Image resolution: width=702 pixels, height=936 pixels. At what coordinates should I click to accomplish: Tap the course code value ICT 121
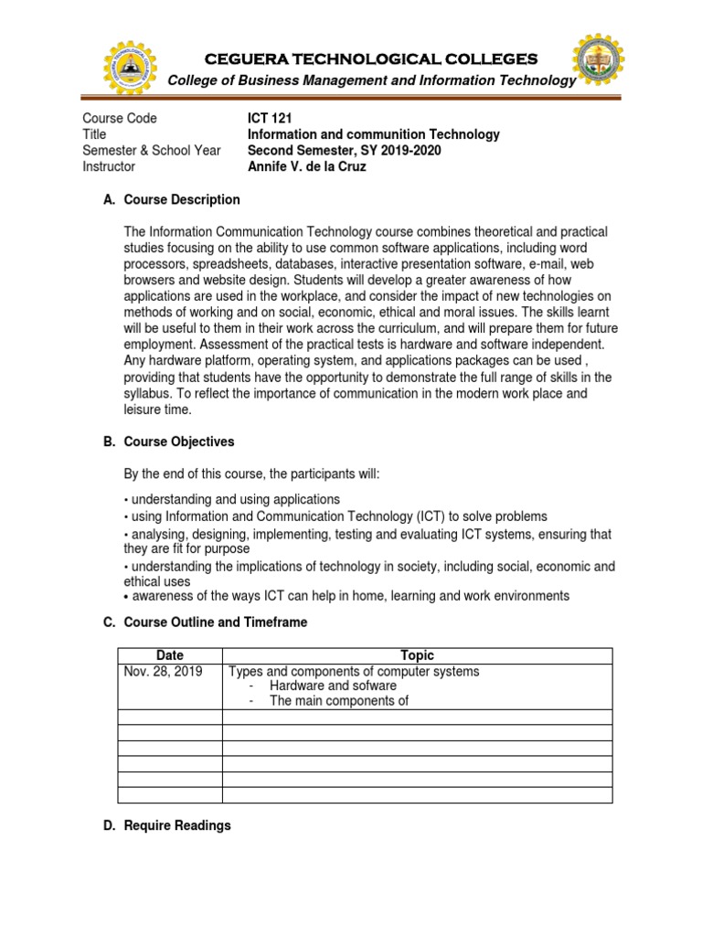click(x=273, y=118)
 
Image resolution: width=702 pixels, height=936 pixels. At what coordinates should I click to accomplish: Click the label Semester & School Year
click(x=152, y=150)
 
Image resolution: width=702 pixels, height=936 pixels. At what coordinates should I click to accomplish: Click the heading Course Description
click(x=182, y=199)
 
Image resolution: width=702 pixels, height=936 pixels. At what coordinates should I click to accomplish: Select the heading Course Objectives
click(x=179, y=441)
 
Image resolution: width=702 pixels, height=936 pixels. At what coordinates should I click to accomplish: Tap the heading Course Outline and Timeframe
click(x=216, y=622)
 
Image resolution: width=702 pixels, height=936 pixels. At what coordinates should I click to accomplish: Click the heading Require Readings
click(x=177, y=825)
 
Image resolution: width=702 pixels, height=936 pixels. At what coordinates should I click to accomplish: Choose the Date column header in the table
click(x=170, y=655)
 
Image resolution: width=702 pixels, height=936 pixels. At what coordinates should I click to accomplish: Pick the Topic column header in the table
click(x=417, y=655)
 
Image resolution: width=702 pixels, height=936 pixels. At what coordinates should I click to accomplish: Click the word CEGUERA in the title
click(x=253, y=59)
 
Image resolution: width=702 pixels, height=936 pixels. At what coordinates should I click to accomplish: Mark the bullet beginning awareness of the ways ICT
click(x=350, y=596)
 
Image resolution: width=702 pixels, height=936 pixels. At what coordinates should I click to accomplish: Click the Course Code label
click(x=119, y=118)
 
